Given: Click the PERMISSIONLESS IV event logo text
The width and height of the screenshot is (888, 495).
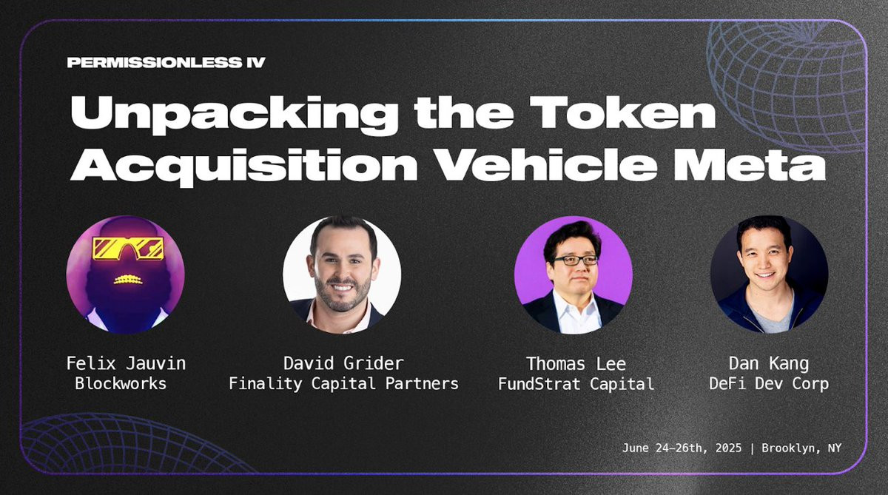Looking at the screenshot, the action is click(x=166, y=62).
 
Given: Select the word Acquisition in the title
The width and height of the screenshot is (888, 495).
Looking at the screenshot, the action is click(x=243, y=166).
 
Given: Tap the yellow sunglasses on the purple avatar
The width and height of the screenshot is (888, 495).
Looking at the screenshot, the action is click(x=127, y=248).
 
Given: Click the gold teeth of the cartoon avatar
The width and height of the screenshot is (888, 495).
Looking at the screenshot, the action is click(x=128, y=280).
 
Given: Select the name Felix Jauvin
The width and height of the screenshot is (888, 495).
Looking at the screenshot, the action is click(x=126, y=363).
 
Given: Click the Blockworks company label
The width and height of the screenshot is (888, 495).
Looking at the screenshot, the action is click(x=121, y=383).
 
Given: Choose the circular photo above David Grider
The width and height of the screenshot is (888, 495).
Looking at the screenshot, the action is click(x=342, y=275).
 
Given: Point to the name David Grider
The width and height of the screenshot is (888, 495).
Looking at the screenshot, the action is click(x=343, y=363).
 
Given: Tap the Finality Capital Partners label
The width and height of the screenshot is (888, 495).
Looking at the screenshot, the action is click(x=343, y=383).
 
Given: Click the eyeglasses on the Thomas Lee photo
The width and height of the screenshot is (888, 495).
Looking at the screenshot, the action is click(x=575, y=260).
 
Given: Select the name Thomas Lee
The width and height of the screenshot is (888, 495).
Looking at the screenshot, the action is click(x=576, y=364).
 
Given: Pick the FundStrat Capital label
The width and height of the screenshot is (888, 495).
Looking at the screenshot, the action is click(x=576, y=383).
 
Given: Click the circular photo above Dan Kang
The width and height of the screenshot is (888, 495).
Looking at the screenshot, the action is click(x=769, y=275).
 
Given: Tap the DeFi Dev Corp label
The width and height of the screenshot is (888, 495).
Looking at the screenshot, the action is click(x=769, y=383).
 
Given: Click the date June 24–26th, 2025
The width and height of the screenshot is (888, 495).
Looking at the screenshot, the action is click(x=682, y=448).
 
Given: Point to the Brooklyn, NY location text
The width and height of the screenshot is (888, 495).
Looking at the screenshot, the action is click(x=801, y=448).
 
